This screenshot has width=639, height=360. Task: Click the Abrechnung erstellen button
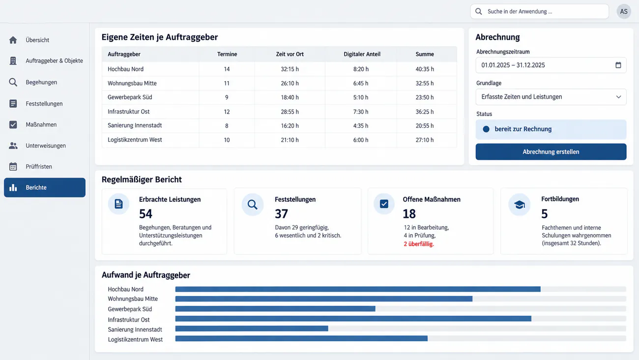pos(551,151)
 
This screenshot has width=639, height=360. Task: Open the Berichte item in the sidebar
pos(45,187)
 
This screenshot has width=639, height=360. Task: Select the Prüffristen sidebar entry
pos(39,166)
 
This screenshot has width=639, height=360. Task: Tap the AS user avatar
pos(624,11)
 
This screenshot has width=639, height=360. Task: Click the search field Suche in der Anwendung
pos(539,11)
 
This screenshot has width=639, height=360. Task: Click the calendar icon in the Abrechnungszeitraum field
pos(618,65)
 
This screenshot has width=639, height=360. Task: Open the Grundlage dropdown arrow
pos(618,97)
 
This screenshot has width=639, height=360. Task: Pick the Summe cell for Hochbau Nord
pos(425,69)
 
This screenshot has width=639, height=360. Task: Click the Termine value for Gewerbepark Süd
pos(227,97)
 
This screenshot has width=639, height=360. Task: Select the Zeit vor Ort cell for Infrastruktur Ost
pos(290,112)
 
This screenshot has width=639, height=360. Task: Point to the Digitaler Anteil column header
pos(362,54)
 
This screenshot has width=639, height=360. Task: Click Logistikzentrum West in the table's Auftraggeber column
pos(135,140)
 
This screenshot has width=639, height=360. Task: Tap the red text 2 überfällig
pos(418,244)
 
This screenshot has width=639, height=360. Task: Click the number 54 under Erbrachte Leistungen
pos(145,213)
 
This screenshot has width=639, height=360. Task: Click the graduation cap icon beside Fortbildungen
pos(519,205)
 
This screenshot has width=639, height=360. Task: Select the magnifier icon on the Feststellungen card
pos(252,205)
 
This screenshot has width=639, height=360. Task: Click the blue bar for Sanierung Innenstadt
pos(252,329)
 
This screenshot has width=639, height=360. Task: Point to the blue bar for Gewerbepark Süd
pos(275,309)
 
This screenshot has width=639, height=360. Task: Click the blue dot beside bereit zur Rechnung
pos(486,129)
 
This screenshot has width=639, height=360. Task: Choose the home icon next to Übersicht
pos(13,40)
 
